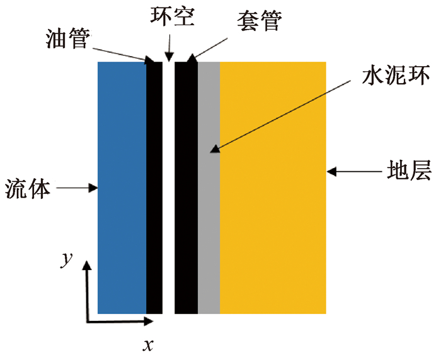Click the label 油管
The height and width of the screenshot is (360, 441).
[x=68, y=38]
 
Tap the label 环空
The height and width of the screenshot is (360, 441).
[x=172, y=16]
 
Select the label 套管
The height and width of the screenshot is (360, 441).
[x=259, y=21]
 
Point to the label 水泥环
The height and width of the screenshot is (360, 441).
[x=396, y=75]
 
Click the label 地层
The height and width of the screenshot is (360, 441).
[x=409, y=170]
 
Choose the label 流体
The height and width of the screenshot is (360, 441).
[x=28, y=189]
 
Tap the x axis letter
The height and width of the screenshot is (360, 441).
[x=148, y=345]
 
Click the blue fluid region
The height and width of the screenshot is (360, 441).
[x=122, y=188]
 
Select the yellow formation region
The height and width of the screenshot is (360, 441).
[x=273, y=188]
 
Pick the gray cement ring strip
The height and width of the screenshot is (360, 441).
[x=209, y=188]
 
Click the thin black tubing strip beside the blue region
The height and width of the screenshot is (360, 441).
[x=154, y=188]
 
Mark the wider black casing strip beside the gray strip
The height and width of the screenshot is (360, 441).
[x=186, y=188]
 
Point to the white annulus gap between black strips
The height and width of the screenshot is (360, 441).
[x=168, y=188]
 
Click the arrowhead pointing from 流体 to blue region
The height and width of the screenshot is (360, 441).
[x=93, y=188]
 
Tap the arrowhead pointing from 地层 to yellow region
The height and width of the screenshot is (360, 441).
[x=331, y=171]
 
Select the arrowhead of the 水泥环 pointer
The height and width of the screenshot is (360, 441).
[x=215, y=149]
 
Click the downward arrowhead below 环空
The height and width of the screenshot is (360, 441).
[x=169, y=57]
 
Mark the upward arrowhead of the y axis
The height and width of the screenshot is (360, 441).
[x=88, y=265]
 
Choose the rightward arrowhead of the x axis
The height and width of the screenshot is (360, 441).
[x=149, y=321]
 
